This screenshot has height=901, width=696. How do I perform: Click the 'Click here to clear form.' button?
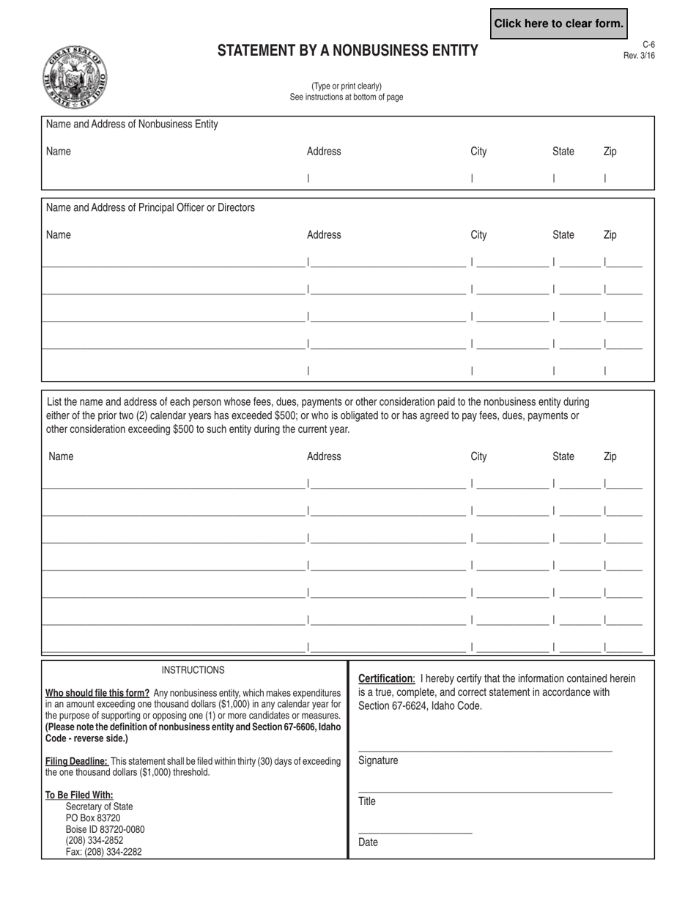tap(558, 23)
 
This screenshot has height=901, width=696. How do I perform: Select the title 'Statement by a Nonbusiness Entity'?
tap(347, 51)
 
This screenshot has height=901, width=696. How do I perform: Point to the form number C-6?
tap(648, 45)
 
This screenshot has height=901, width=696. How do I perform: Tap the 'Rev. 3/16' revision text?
tap(639, 56)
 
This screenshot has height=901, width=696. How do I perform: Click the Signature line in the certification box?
tap(484, 751)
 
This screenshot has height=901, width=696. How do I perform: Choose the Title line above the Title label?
tap(484, 792)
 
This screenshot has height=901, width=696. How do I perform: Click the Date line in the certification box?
tap(415, 833)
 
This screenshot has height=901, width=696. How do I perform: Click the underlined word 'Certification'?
tap(386, 678)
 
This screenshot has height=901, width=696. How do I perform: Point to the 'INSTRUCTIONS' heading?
tap(193, 670)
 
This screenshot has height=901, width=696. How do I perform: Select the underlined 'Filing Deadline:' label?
tap(77, 761)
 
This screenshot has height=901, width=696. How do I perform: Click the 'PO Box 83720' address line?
tap(93, 817)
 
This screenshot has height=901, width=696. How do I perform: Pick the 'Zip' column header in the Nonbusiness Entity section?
tap(610, 152)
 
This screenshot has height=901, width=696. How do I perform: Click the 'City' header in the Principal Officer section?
tap(478, 235)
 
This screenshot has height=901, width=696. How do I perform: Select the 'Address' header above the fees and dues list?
tap(324, 456)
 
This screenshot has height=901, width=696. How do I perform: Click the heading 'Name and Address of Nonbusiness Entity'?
tap(132, 125)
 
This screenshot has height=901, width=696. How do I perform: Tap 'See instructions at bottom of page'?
tap(346, 97)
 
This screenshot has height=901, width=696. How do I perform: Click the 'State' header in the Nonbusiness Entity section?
tap(563, 152)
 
